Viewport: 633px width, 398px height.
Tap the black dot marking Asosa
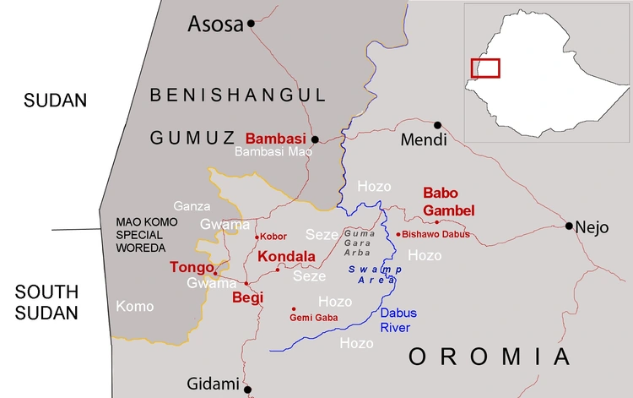pyautogui.click(x=251, y=25)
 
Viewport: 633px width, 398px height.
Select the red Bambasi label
pyautogui.click(x=275, y=138)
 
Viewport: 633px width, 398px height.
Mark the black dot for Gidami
pyautogui.click(x=248, y=390)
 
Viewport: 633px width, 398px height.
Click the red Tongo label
pyautogui.click(x=192, y=267)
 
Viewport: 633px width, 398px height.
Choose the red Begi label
pyautogui.click(x=248, y=297)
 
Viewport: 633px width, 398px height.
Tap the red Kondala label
pyautogui.click(x=286, y=256)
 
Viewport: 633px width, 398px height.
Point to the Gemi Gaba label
pyautogui.click(x=314, y=318)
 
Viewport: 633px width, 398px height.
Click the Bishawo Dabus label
pyautogui.click(x=436, y=234)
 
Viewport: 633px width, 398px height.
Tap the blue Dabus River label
pyautogui.click(x=398, y=319)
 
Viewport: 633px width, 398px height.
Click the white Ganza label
pyautogui.click(x=189, y=205)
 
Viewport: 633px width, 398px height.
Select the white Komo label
pyautogui.click(x=135, y=306)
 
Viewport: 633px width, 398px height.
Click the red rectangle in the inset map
pyautogui.click(x=485, y=68)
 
